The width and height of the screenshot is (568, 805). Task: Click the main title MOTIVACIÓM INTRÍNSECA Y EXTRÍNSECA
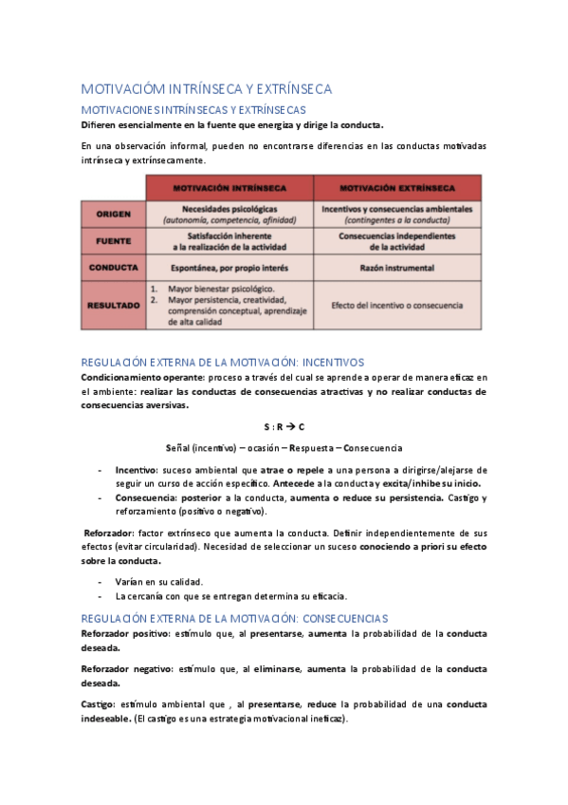206,89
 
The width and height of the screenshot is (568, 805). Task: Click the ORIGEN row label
115,214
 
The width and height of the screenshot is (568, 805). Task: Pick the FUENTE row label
115,241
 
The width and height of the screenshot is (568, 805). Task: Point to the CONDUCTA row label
115,268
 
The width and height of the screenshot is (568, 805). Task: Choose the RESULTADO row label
115,305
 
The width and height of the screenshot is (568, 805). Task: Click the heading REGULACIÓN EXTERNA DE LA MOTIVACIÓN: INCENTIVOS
223,363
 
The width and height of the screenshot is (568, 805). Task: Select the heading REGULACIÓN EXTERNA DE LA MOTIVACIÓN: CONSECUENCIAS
234,618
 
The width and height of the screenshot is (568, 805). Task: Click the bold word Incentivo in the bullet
136,470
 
